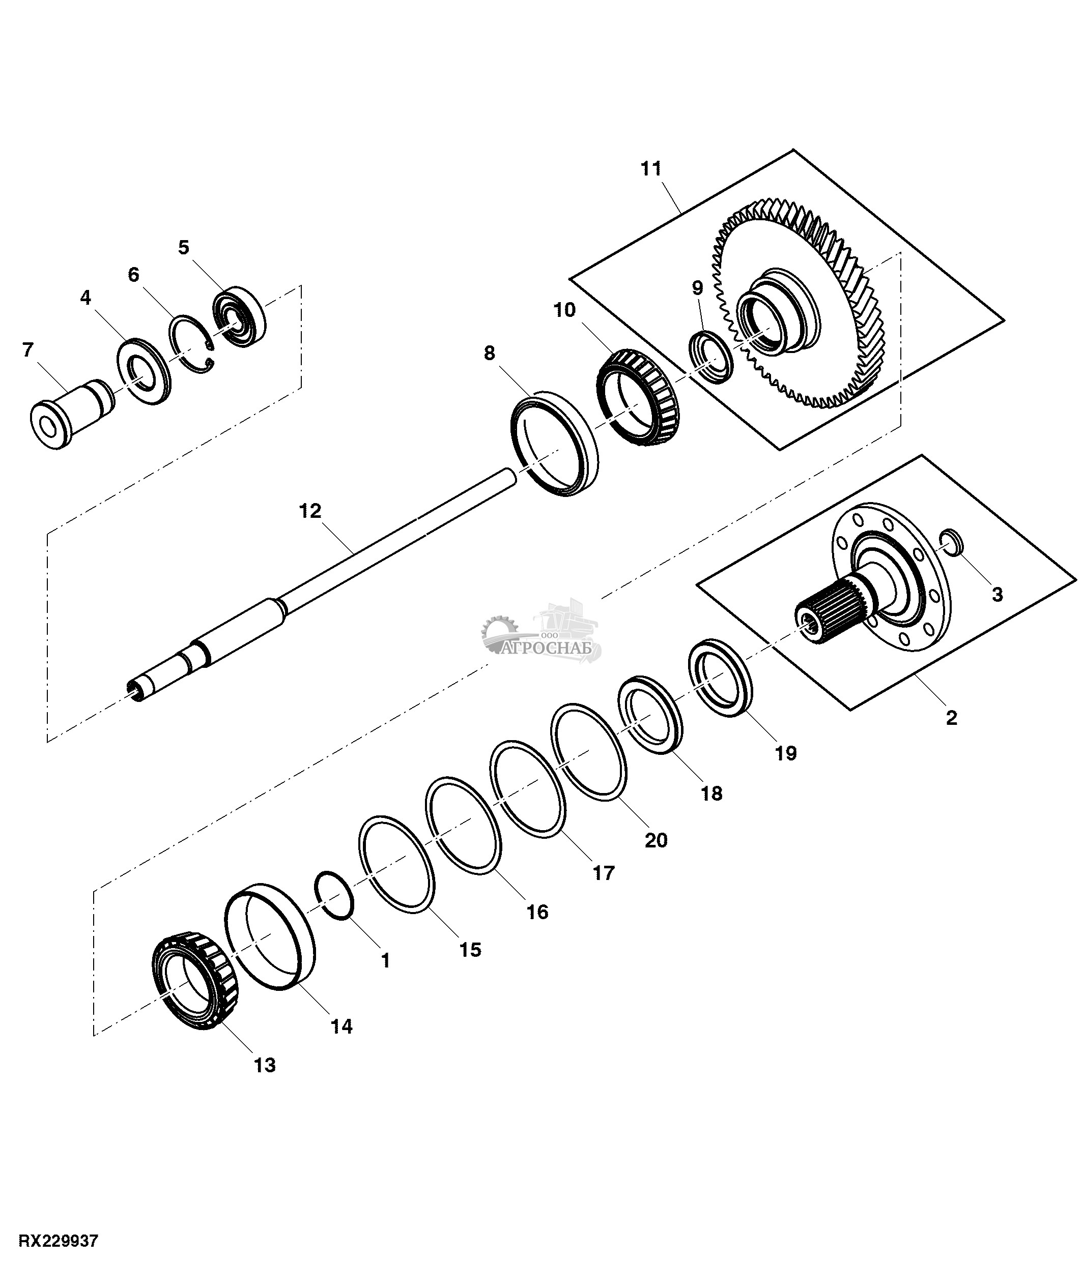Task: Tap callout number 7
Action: coord(28,349)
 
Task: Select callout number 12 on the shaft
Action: coord(309,510)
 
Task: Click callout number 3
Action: coord(998,594)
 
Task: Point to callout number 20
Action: coord(656,840)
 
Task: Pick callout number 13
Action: coord(265,1065)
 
